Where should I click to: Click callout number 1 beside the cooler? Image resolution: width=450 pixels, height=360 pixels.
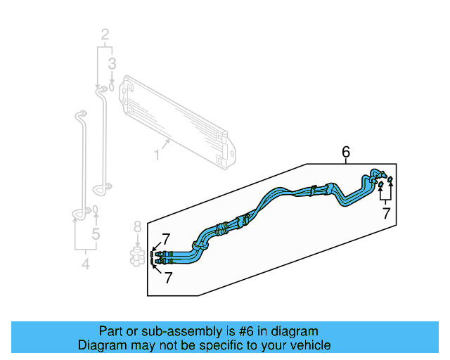(x=157, y=153)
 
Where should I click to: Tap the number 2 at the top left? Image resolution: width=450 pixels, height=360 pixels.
(x=105, y=34)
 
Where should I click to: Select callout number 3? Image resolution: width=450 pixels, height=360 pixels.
(x=111, y=65)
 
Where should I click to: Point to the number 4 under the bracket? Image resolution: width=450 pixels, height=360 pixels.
(x=86, y=264)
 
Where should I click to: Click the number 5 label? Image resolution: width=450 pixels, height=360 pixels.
(x=96, y=234)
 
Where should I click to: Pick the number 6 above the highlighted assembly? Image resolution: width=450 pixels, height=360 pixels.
(x=345, y=151)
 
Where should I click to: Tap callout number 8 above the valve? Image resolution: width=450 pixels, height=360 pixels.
(x=138, y=226)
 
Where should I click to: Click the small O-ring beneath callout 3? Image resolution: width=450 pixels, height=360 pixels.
(x=111, y=88)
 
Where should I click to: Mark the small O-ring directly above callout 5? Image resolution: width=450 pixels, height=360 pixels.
(x=96, y=210)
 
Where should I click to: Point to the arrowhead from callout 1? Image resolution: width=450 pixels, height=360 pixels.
(x=169, y=141)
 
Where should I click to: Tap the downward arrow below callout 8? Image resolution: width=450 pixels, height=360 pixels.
(x=138, y=241)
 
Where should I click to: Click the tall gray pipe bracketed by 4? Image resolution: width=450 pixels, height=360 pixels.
(x=79, y=162)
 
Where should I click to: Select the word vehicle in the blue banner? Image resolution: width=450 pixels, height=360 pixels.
(x=305, y=345)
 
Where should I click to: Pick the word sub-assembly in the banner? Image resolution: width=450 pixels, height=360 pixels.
(x=165, y=331)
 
